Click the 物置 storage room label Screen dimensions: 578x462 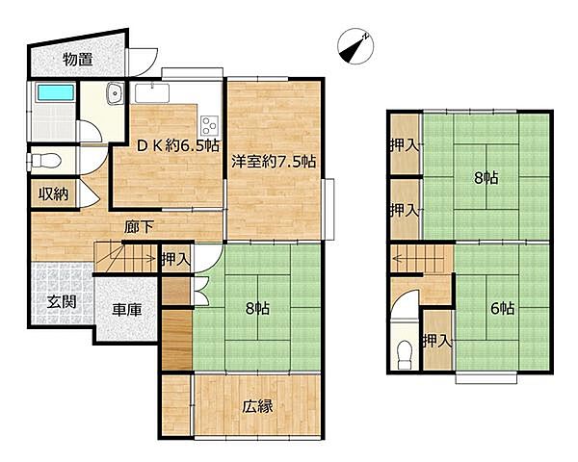pos(77,59)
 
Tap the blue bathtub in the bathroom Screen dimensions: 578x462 pos(56,92)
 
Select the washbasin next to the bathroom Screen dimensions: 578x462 pos(116,93)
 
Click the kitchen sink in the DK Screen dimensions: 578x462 pos(152,92)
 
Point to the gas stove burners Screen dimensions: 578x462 pos(210,125)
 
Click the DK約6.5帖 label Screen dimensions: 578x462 pos(178,146)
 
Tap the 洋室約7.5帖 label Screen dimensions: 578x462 pos(274,162)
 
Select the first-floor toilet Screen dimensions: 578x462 pos(44,161)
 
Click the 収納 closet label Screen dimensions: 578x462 pos(54,193)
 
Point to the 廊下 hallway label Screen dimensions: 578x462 pos(139,227)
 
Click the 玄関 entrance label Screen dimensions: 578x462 pos(62,302)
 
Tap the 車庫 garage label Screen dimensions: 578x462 pos(127,310)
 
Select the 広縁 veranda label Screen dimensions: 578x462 pos(257,406)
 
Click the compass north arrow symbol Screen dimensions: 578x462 pos(355,46)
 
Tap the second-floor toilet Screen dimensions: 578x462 pos(405,354)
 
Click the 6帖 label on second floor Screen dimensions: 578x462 pos(503,308)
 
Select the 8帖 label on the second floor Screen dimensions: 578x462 pos(486,178)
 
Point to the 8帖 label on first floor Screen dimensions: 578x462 pos(257,308)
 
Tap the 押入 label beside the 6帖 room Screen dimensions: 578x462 pos(437,341)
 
